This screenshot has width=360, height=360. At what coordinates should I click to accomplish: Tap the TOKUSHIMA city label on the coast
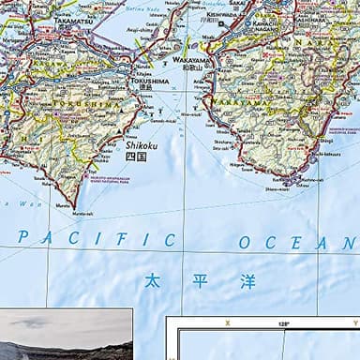pos(148,82)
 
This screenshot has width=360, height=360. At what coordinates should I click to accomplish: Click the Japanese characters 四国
pos(136,157)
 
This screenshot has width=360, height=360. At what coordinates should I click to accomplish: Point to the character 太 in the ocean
pos(152,280)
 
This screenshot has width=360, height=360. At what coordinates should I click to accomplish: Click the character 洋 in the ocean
pos(247,281)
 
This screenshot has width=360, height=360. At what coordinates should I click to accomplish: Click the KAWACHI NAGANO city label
pos(264,25)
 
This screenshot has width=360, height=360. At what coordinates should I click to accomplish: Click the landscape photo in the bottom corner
pos(66,334)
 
